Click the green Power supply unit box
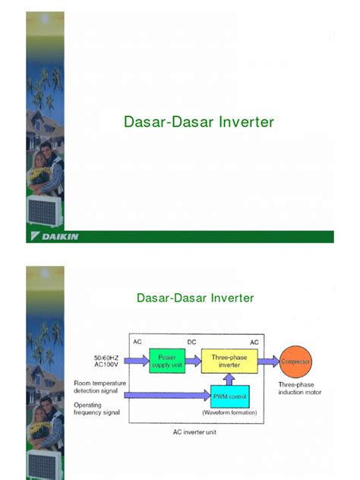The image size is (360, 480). click(166, 361)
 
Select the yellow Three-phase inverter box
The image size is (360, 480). click(229, 361)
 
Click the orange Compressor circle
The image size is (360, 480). click(295, 362)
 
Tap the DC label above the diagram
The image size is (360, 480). click(191, 343)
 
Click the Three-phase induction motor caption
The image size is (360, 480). click(300, 389)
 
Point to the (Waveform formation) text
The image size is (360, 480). click(229, 412)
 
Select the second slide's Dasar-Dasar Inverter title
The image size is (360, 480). click(195, 298)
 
